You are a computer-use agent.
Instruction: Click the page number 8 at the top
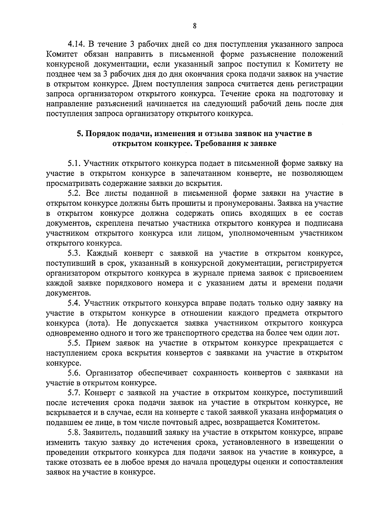point(194,26)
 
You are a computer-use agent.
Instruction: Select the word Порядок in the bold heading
point(102,134)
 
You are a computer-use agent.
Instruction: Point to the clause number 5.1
point(74,163)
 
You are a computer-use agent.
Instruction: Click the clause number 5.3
point(74,254)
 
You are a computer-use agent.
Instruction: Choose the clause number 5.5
point(74,343)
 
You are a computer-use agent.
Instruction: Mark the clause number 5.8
point(74,432)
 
